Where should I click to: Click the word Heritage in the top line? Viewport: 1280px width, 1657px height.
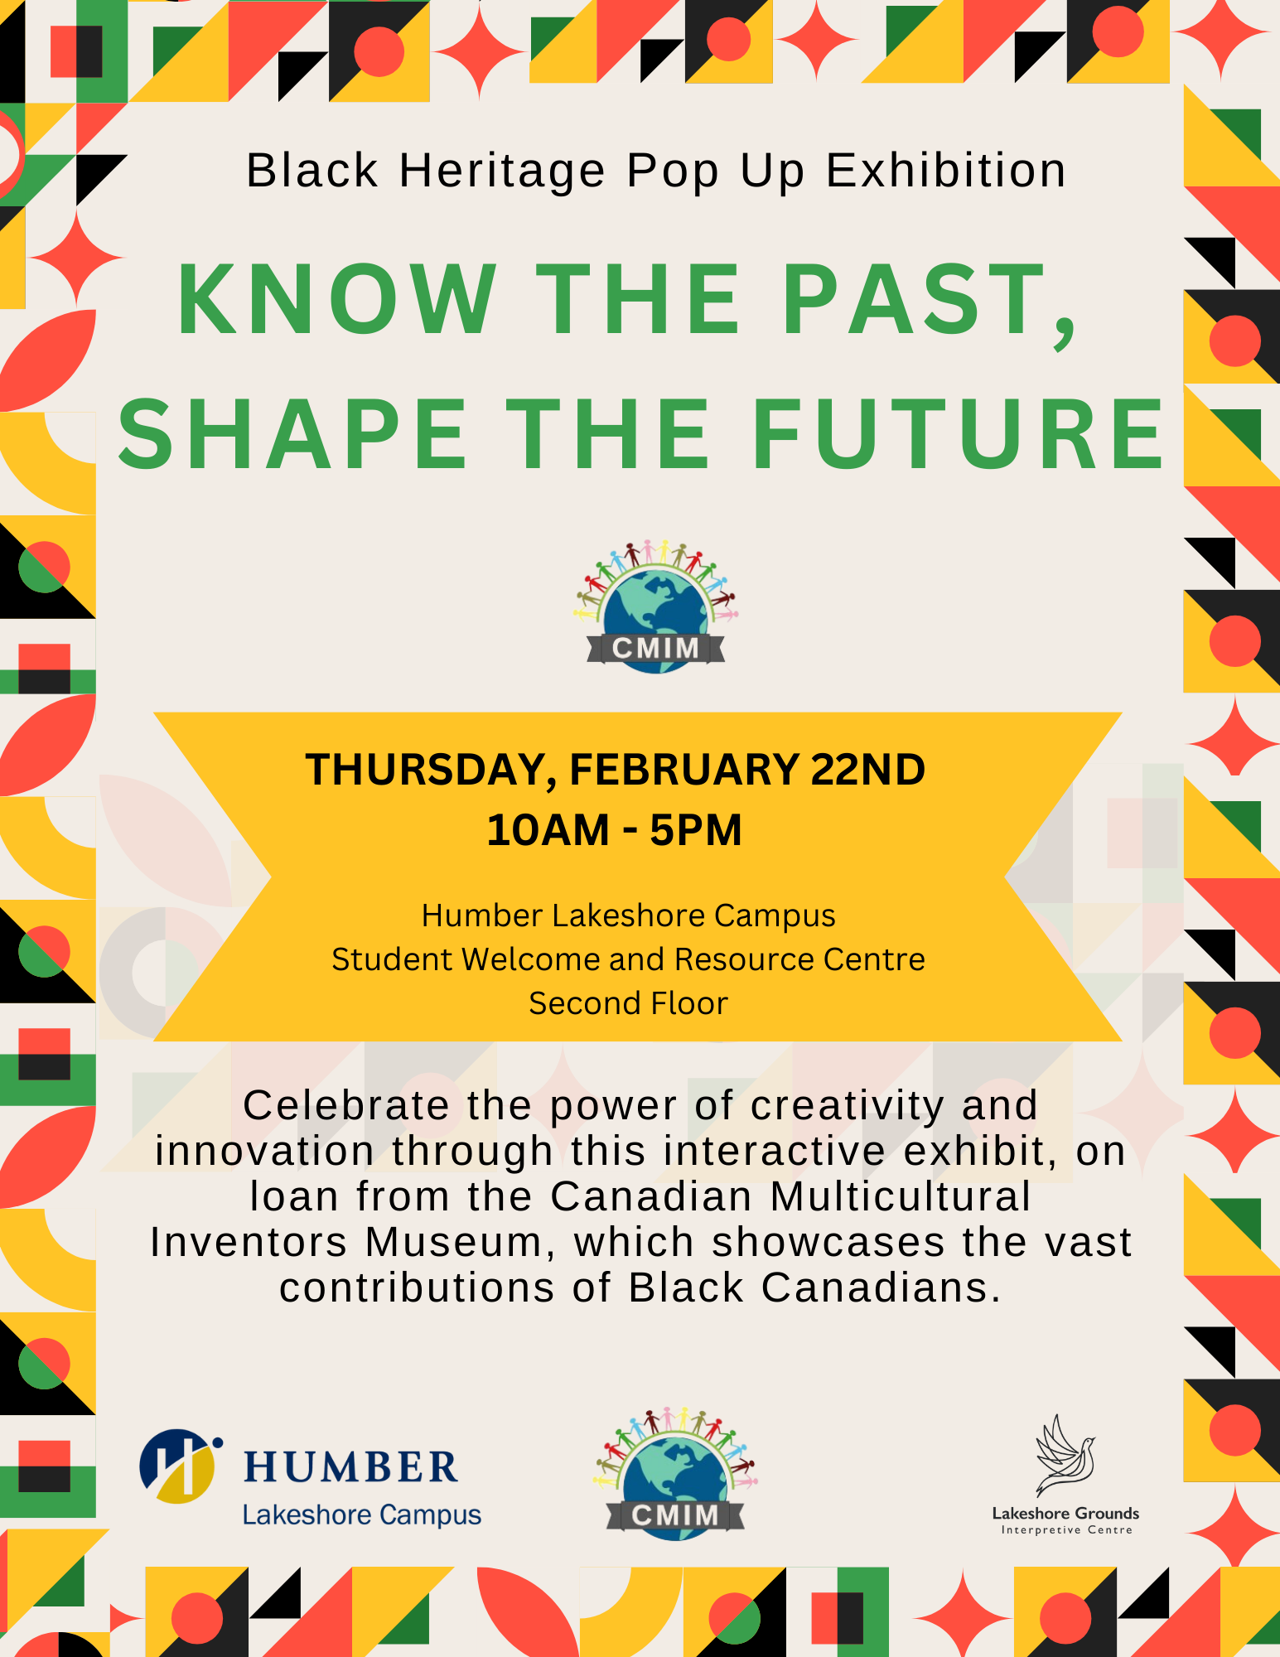pos(502,171)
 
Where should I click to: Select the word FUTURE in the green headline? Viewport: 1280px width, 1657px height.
pos(959,435)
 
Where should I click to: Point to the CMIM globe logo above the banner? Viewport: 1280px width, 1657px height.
pos(655,608)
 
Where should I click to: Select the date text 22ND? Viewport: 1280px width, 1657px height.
pos(867,770)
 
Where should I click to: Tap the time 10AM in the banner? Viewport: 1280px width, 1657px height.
pos(547,830)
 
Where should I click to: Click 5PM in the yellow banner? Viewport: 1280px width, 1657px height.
pos(696,830)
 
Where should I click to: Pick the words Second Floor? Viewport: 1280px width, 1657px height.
pos(628,1003)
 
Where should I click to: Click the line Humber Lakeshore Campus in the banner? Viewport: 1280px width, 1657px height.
pos(628,915)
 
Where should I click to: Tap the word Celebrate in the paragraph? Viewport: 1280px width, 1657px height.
pos(345,1106)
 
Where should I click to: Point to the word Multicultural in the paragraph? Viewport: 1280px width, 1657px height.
pos(901,1197)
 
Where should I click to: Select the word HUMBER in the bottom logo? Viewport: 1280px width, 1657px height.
pos(350,1467)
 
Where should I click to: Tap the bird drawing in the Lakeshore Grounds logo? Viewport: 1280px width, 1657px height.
pos(1065,1456)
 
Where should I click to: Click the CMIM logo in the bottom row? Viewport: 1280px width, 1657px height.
pos(675,1476)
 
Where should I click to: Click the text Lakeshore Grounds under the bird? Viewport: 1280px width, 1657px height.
pos(1065,1514)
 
